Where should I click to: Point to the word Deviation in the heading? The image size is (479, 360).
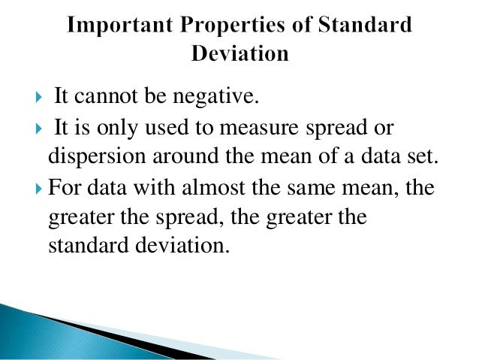click(239, 53)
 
